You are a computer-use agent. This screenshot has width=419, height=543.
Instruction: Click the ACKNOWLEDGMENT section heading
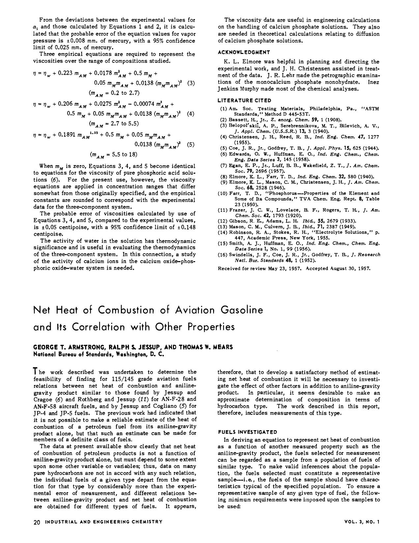tap(244, 52)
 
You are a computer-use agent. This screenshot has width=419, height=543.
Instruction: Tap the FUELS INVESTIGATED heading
tap(247, 432)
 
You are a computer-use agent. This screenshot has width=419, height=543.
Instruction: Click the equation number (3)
tap(191, 83)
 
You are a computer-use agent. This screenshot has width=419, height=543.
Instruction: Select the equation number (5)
tap(191, 144)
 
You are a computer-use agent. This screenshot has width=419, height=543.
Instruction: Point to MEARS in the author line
tap(222, 347)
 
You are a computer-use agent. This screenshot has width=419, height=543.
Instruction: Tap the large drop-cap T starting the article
tap(36, 372)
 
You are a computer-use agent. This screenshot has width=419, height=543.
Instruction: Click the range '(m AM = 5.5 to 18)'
tap(113, 155)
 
